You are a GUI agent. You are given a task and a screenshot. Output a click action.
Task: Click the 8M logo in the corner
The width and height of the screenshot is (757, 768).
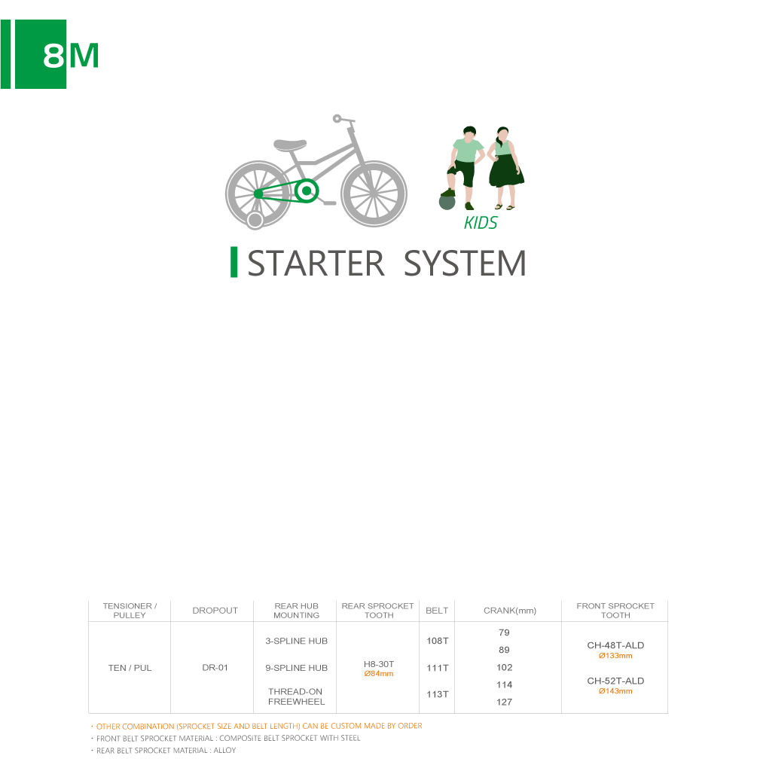[x=49, y=54]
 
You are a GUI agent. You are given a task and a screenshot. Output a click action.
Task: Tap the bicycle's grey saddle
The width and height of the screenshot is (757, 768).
[x=290, y=145]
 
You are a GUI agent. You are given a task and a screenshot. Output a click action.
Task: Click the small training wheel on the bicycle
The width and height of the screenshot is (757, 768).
[x=255, y=220]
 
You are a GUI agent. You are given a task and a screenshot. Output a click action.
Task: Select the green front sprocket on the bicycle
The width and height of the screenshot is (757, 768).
[x=307, y=191]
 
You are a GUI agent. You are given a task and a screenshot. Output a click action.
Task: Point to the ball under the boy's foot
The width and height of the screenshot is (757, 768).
[x=447, y=202]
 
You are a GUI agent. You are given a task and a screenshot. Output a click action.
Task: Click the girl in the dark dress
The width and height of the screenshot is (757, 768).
[x=505, y=168]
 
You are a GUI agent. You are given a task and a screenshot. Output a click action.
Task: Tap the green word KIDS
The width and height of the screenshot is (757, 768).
[x=480, y=223]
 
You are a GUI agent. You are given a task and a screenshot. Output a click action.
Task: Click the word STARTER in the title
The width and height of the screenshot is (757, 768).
[x=316, y=264]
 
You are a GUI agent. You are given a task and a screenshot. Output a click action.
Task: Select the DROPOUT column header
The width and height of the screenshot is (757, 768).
[x=215, y=611]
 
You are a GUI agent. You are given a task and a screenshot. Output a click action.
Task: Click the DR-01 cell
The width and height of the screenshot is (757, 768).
[x=215, y=668]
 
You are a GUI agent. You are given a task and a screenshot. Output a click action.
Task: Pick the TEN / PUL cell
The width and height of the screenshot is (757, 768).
[x=130, y=668]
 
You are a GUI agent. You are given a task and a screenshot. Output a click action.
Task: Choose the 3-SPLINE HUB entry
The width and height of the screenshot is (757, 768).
[x=297, y=642]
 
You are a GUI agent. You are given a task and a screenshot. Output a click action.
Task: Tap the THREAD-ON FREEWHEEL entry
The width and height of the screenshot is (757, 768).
[x=296, y=696]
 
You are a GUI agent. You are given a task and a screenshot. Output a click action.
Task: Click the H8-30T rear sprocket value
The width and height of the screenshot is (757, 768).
[x=379, y=664]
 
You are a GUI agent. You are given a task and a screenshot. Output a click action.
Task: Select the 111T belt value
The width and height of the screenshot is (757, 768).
[x=438, y=668]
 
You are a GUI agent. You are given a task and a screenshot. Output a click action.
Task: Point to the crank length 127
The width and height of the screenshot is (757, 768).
[x=504, y=702]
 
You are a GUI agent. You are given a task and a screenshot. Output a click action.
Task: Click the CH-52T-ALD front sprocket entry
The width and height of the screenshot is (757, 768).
[x=615, y=681]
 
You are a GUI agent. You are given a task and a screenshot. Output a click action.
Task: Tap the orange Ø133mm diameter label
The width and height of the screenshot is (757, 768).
[x=615, y=656]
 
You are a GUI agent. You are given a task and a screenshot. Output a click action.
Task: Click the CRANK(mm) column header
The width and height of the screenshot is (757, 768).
[x=510, y=611]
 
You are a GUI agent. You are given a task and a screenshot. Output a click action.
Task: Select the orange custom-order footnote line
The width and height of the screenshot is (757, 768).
[x=258, y=726]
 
